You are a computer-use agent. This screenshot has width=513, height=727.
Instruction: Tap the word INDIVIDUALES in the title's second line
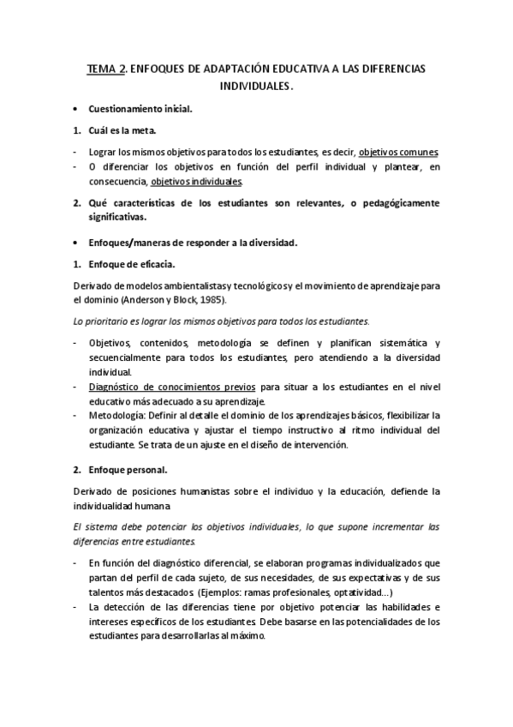coord(254,87)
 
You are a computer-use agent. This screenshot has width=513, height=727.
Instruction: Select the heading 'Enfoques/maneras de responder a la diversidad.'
coord(193,243)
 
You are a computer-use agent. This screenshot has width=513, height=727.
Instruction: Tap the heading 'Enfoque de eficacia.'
coord(132,264)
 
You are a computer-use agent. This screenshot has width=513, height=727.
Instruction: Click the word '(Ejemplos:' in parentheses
coord(220,592)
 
